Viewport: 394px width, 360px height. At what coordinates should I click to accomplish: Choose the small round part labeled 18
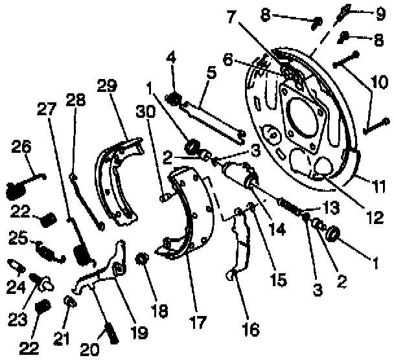[142, 261]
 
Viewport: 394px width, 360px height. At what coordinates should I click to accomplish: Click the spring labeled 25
[49, 251]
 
